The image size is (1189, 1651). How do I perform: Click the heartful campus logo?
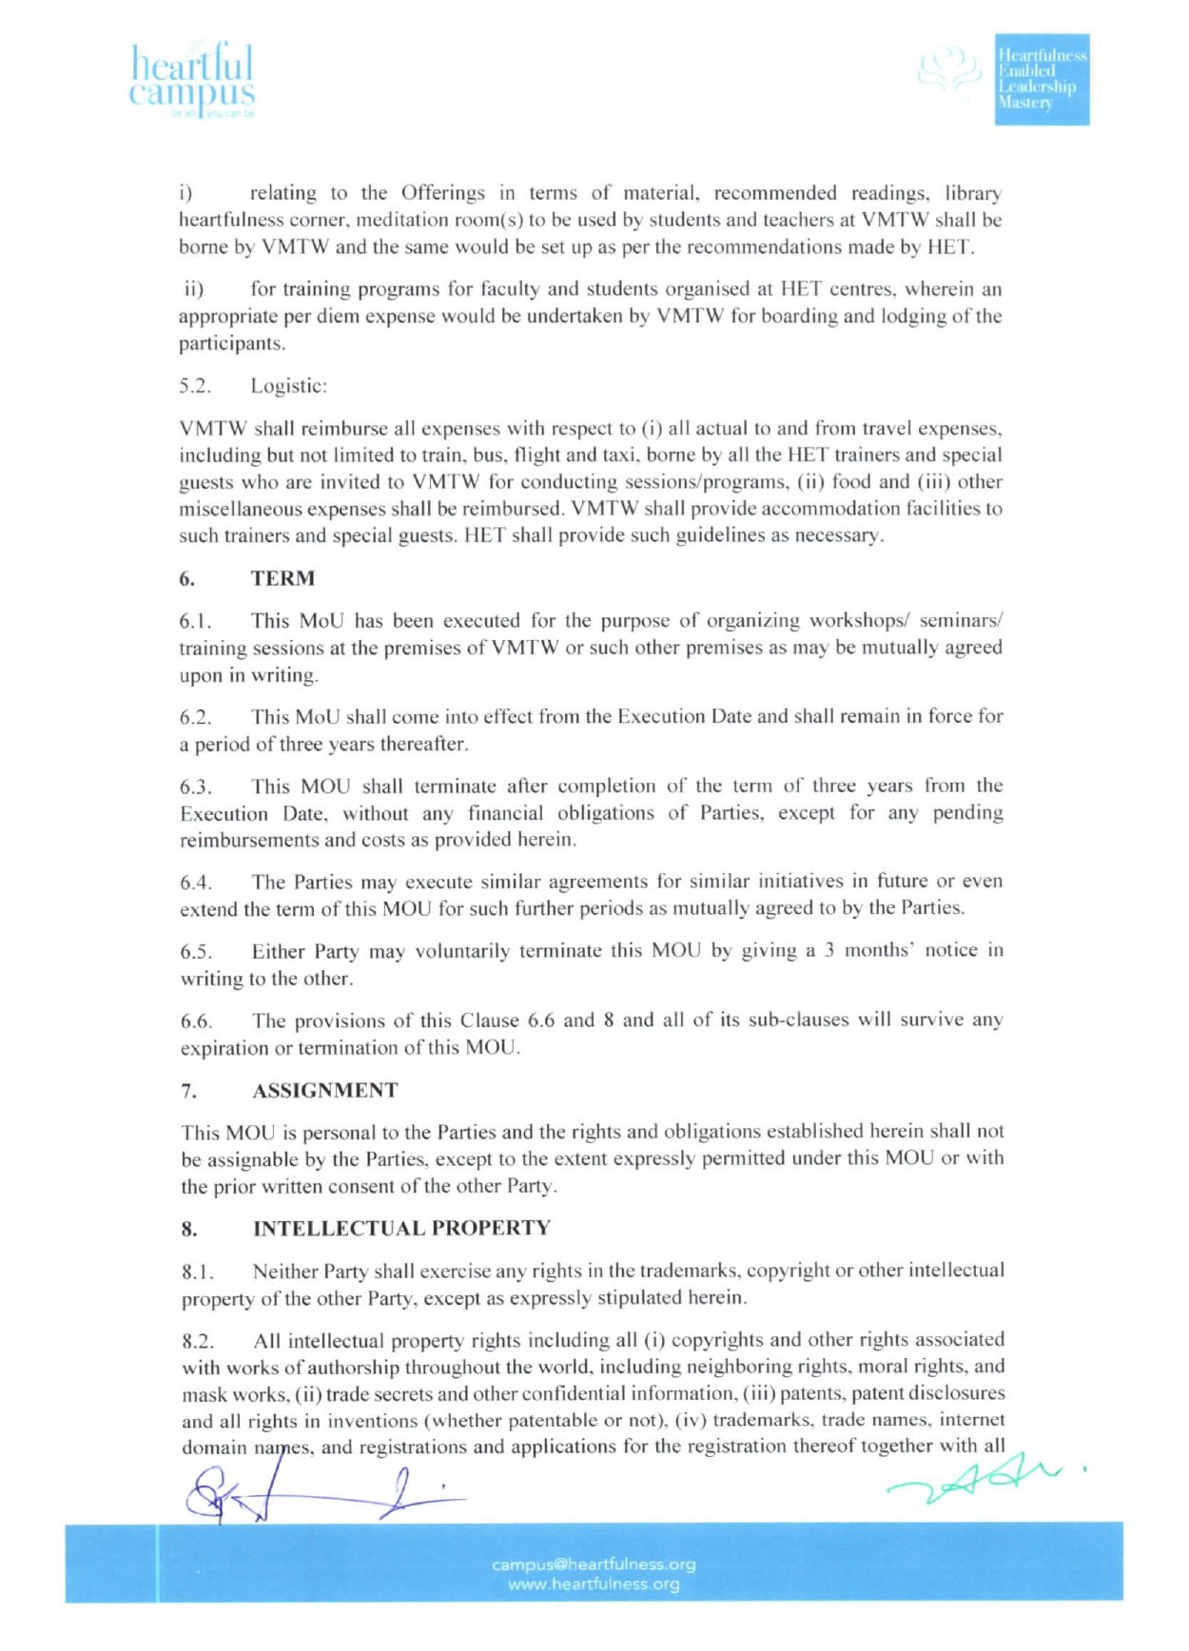click(x=192, y=80)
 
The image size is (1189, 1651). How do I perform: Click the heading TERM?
click(x=283, y=578)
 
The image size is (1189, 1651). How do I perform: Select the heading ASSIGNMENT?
click(x=324, y=1090)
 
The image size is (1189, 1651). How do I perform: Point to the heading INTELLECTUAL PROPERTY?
click(x=401, y=1228)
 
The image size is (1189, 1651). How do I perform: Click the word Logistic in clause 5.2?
click(x=288, y=385)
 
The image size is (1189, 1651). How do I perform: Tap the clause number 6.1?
click(x=195, y=621)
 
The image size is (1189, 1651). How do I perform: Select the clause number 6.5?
click(x=196, y=951)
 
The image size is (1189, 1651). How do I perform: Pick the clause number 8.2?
click(x=198, y=1341)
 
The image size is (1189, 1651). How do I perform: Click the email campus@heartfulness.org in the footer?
click(x=594, y=1564)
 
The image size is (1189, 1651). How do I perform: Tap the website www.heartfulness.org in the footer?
click(x=594, y=1583)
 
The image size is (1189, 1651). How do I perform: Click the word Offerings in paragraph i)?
click(x=442, y=193)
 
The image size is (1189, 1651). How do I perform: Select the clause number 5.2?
click(x=195, y=386)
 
